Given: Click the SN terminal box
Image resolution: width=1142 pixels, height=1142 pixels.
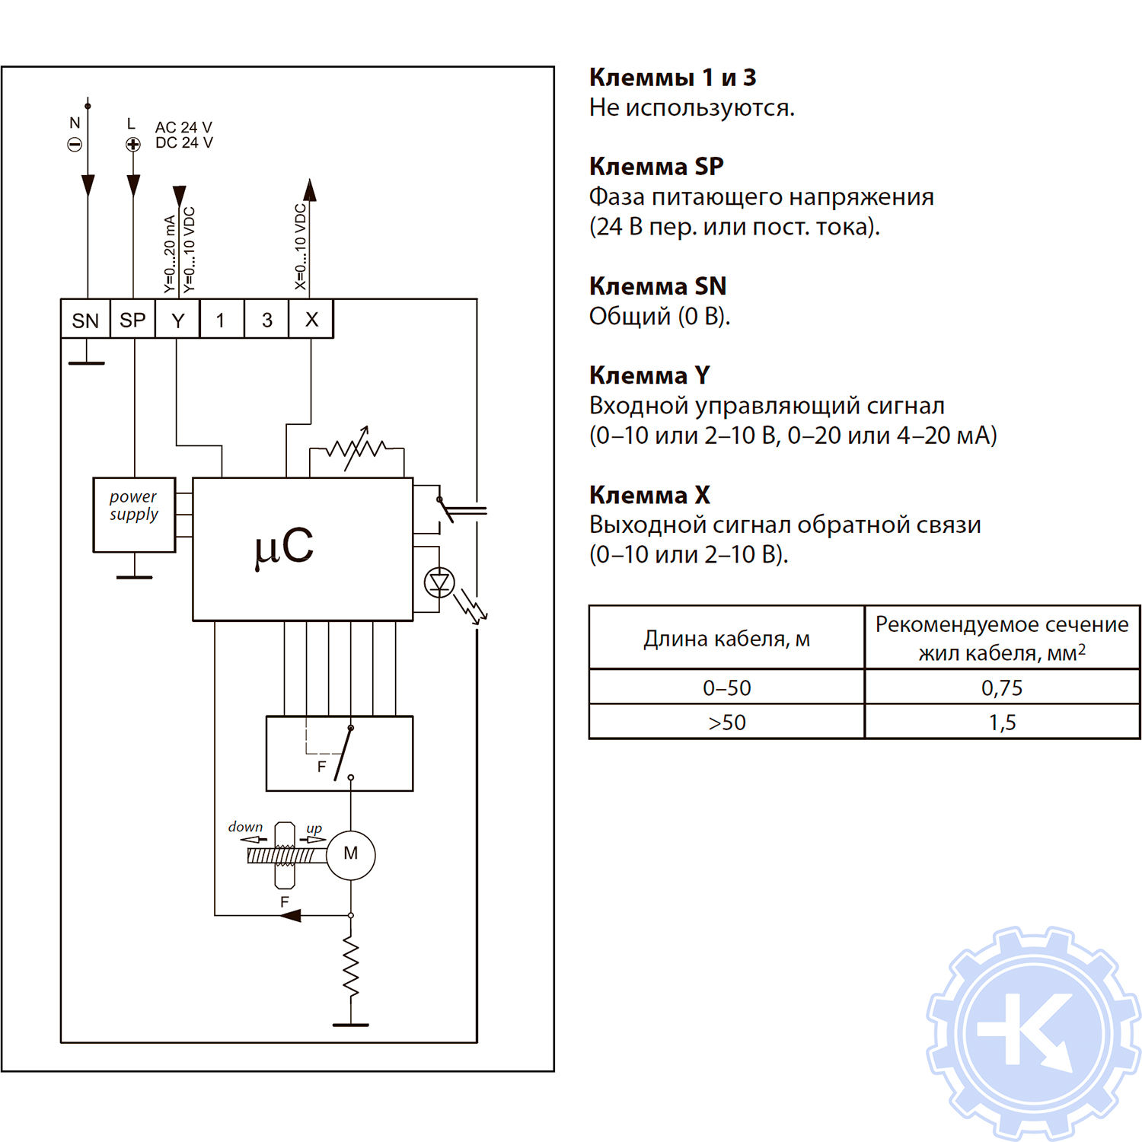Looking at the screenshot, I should click(x=85, y=320).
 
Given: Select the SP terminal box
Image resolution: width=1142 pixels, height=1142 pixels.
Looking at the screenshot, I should click(x=132, y=320).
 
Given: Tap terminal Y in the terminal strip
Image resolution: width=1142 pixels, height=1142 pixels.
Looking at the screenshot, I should click(x=177, y=320).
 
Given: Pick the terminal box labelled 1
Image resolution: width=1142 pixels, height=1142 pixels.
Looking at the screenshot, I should click(x=221, y=320).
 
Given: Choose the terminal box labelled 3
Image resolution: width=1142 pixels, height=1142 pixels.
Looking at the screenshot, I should click(x=266, y=320).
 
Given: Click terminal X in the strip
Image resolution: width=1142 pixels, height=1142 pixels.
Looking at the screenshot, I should click(x=311, y=320).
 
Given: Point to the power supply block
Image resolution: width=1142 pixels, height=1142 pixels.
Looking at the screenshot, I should click(x=134, y=514).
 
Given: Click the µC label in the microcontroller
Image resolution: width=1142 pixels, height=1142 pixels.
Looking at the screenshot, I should click(x=284, y=547).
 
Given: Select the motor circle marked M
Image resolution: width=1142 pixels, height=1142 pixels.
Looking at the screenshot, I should click(x=350, y=854).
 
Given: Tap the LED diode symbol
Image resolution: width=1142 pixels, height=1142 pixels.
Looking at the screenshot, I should click(x=439, y=583).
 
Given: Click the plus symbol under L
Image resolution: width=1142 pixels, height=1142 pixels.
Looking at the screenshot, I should click(x=133, y=145).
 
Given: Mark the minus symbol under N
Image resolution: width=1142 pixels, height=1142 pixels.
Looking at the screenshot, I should click(x=75, y=145).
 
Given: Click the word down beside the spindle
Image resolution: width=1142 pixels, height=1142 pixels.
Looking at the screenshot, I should click(x=245, y=827).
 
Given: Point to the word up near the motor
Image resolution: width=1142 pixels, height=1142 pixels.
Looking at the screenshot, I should click(x=314, y=828).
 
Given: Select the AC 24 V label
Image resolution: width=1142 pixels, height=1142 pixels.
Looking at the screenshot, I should click(x=183, y=127).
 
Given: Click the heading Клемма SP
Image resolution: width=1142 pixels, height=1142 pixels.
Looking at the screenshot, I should click(x=656, y=166).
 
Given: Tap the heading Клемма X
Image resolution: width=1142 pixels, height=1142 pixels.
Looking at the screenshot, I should click(x=649, y=495).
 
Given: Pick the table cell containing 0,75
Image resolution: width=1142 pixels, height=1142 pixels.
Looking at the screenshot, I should click(x=1001, y=687).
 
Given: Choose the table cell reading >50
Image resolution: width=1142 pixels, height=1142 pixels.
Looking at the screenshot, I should click(x=726, y=722).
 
